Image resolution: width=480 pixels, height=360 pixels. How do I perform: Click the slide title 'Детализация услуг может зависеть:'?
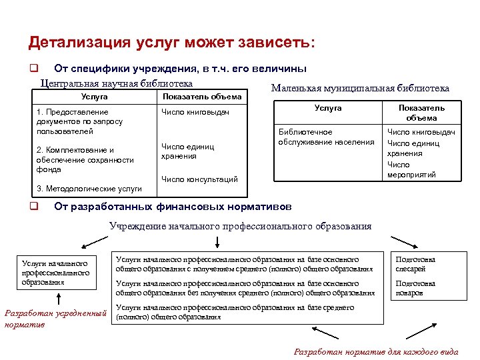[x=172, y=43]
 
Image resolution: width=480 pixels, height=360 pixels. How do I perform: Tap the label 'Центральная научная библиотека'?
[x=117, y=83]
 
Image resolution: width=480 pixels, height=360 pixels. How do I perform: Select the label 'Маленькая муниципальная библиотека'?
[x=360, y=88]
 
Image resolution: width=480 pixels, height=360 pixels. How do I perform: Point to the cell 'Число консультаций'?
[x=199, y=179]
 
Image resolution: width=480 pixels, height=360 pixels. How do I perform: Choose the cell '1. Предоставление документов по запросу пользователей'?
[x=80, y=121]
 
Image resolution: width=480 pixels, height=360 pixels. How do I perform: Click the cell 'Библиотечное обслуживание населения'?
[x=326, y=137]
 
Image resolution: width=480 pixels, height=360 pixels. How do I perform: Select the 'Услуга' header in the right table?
[x=328, y=108]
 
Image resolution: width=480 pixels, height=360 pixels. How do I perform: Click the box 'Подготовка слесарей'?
[x=415, y=264]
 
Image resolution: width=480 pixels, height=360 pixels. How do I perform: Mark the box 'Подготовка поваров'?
[x=415, y=288]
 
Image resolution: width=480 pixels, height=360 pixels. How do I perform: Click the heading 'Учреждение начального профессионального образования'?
[x=240, y=226]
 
